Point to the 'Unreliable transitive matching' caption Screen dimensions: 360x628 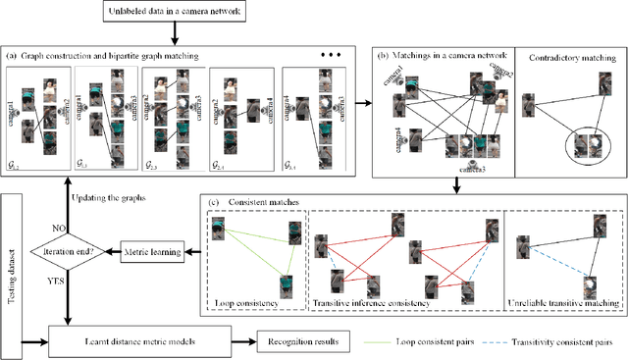pyautogui.click(x=562, y=303)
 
